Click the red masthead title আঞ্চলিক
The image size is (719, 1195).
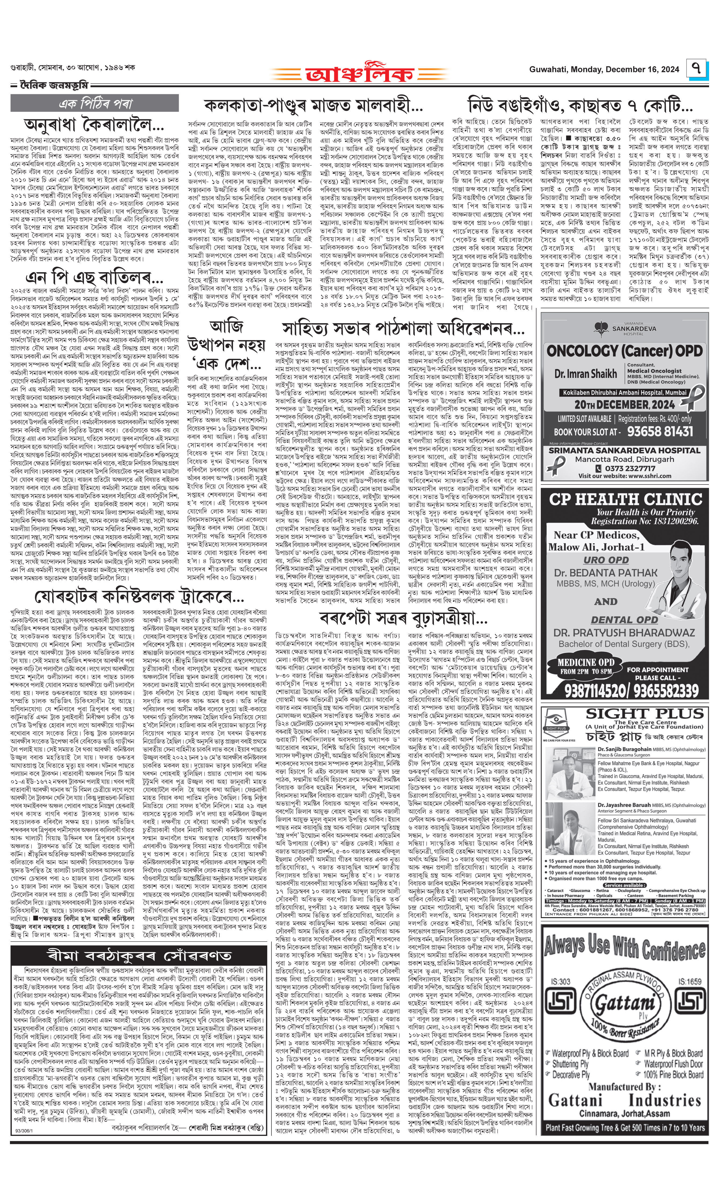(360, 73)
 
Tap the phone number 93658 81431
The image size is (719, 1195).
(660, 431)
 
